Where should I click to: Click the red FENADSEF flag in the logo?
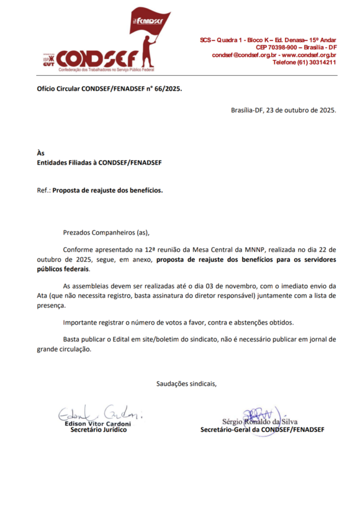pyautogui.click(x=149, y=21)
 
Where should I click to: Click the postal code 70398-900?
pyautogui.click(x=282, y=47)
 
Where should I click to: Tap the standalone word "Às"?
pyautogui.click(x=41, y=153)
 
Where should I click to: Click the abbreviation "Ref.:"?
pyautogui.click(x=44, y=191)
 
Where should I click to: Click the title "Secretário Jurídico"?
pyautogui.click(x=98, y=430)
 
